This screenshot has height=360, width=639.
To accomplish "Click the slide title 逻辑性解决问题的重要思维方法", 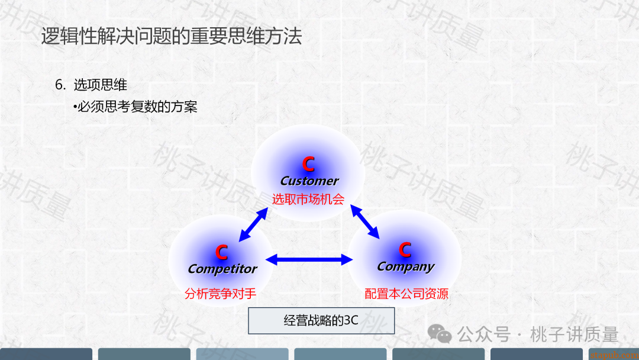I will pyautogui.click(x=172, y=36).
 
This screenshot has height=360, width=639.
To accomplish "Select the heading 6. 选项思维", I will pyautogui.click(x=91, y=85).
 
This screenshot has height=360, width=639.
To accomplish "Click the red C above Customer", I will pyautogui.click(x=308, y=164).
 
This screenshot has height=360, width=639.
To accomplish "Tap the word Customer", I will pyautogui.click(x=309, y=181).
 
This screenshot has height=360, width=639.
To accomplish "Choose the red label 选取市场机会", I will pyautogui.click(x=308, y=199).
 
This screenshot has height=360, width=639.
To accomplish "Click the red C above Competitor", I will pyautogui.click(x=221, y=253).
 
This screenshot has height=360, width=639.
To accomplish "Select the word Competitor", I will pyautogui.click(x=222, y=269).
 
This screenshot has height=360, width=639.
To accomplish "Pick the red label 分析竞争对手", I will pyautogui.click(x=220, y=294).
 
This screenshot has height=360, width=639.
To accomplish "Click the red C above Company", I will pyautogui.click(x=405, y=250).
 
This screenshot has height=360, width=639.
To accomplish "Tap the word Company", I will pyautogui.click(x=406, y=266).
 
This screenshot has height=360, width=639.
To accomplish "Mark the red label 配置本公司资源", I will pyautogui.click(x=406, y=294).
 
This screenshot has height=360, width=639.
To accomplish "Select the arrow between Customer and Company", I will pyautogui.click(x=365, y=221).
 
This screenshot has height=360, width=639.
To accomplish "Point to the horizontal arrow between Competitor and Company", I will pyautogui.click(x=309, y=259).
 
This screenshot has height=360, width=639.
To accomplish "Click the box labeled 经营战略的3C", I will pyautogui.click(x=321, y=321).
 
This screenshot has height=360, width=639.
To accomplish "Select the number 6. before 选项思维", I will pyautogui.click(x=60, y=85).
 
